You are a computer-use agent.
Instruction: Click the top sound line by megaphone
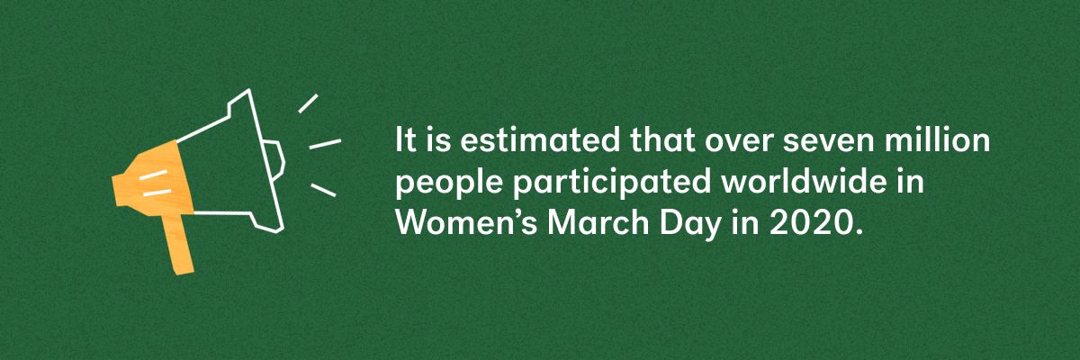[x=308, y=103]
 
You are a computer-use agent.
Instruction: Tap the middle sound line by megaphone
[x=325, y=143]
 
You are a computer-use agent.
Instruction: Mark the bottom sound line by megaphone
[x=323, y=189]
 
